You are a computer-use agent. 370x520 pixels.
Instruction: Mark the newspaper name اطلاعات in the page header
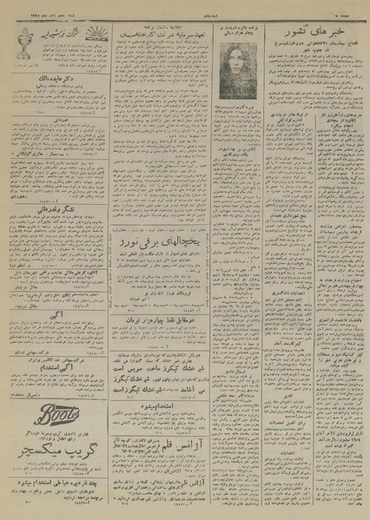[184, 7]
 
